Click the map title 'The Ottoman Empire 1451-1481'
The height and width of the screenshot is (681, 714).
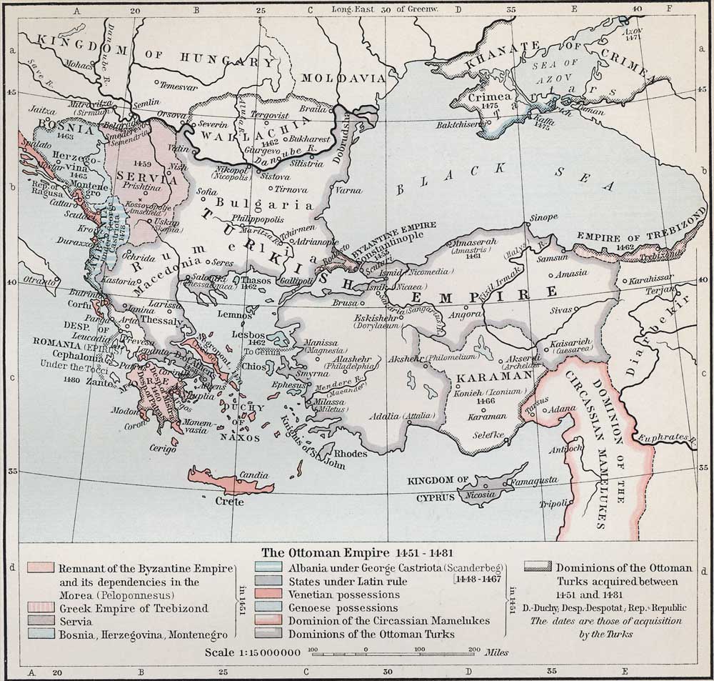[357, 552]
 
